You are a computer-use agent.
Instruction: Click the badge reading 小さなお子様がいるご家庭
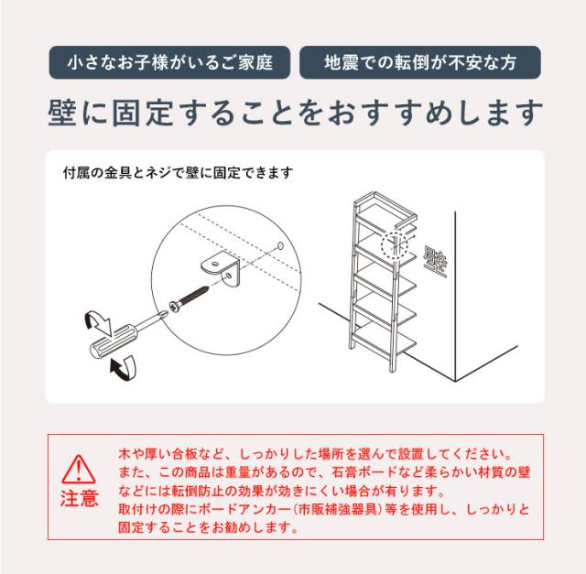point(169,62)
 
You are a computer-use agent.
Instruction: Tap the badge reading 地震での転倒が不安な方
point(420,62)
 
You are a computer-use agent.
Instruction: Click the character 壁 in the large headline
point(62,113)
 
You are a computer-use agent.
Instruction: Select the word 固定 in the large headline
point(142,113)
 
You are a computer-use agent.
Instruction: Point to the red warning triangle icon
point(79,469)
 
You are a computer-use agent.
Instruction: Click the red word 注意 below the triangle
point(80,499)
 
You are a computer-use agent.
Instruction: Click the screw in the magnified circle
point(190,298)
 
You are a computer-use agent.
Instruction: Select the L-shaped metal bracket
point(221,268)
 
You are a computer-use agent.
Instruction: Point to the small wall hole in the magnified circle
point(280,245)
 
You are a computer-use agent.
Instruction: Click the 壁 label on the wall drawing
point(436,262)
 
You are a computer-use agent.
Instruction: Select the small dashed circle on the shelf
point(395,245)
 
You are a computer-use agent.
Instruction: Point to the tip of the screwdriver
point(166,311)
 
